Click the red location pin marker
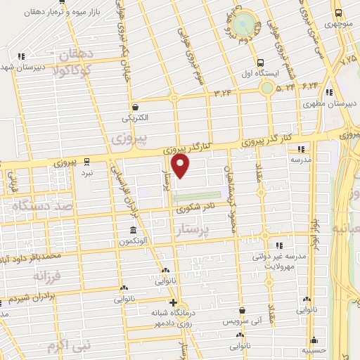[181, 166]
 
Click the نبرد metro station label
[86, 172]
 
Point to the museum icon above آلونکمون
[133, 231]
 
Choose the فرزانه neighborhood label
[42, 275]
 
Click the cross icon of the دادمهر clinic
[163, 303]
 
